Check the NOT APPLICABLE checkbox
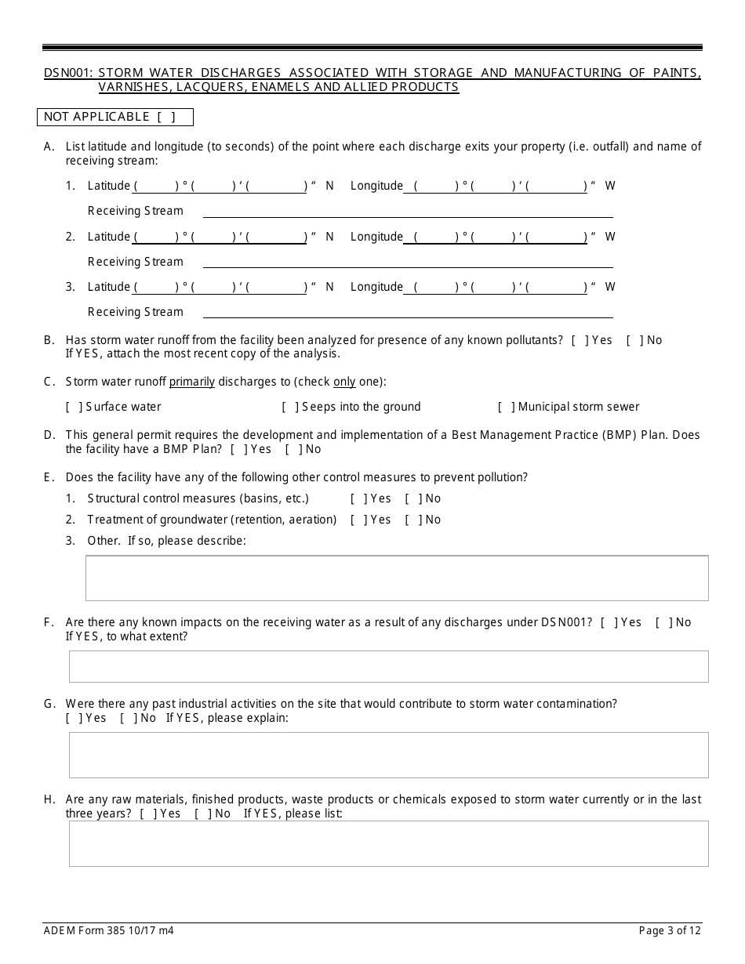point(165,118)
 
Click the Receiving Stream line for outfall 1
point(408,212)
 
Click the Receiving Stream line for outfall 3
point(408,313)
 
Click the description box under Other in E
point(396,578)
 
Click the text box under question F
point(388,666)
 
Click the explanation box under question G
point(388,755)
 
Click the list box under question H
point(388,843)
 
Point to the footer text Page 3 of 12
point(670,931)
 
